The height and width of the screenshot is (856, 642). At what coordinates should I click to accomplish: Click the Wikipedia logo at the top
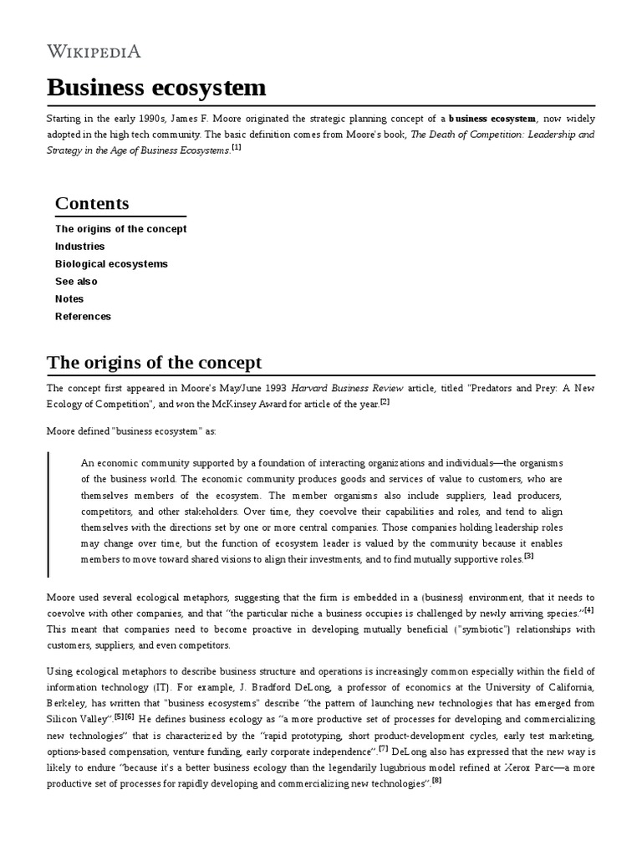coord(94,52)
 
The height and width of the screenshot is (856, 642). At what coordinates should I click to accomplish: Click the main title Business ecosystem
coord(156,87)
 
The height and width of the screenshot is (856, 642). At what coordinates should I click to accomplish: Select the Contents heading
coord(92,203)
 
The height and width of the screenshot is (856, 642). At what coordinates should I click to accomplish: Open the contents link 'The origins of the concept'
coord(120,229)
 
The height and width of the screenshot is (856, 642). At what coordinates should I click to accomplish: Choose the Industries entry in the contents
coord(79,247)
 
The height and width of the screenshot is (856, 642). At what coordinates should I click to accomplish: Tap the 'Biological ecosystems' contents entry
coord(111,264)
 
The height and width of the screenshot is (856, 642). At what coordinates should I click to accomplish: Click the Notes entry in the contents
coord(69,299)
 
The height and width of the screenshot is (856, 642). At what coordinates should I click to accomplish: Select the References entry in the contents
coord(83,317)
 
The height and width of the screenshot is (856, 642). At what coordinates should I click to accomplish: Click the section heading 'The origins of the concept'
coord(154,363)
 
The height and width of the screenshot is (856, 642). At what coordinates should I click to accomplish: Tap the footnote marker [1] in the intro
coord(237,148)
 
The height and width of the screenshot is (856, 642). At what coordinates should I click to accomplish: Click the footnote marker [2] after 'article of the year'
coord(385,402)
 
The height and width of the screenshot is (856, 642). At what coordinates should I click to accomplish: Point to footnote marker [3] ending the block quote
coord(529,556)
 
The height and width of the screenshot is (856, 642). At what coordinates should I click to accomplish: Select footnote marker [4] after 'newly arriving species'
coord(588,609)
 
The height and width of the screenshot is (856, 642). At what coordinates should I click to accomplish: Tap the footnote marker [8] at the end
coord(436,781)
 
